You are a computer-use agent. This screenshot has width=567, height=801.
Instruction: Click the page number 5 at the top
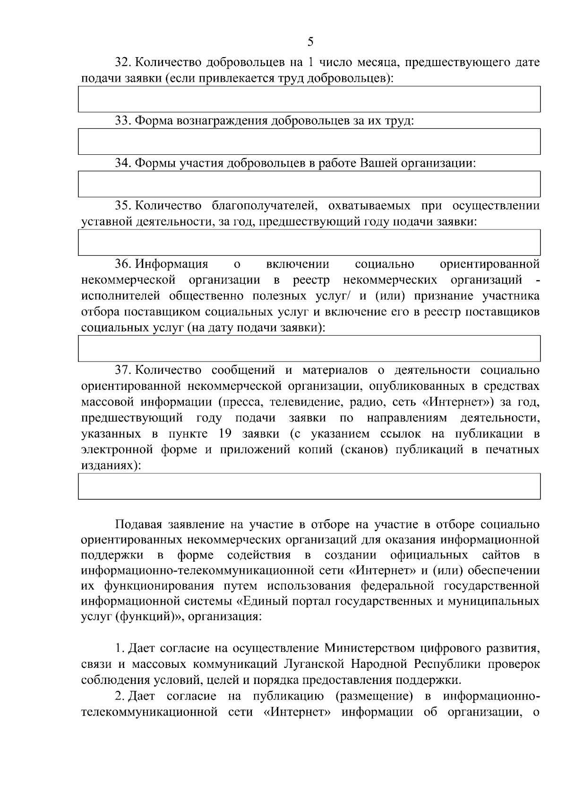[x=310, y=42]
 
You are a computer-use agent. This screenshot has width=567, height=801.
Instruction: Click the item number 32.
[x=124, y=62]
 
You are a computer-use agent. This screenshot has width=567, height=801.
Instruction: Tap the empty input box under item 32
[x=309, y=99]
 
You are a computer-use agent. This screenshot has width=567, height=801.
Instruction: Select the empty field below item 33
[x=309, y=141]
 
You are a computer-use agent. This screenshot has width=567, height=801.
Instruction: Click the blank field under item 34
[x=309, y=184]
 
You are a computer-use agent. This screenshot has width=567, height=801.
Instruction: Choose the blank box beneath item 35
[x=309, y=242]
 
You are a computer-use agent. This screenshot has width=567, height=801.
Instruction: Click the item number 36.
[x=124, y=264]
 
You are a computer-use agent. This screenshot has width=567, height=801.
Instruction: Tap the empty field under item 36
[x=309, y=348]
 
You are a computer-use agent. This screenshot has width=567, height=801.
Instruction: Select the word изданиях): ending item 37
[x=111, y=465]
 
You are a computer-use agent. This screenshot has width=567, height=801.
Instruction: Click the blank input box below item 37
[x=309, y=486]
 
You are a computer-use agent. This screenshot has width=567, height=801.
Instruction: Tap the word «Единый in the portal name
[x=259, y=602]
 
